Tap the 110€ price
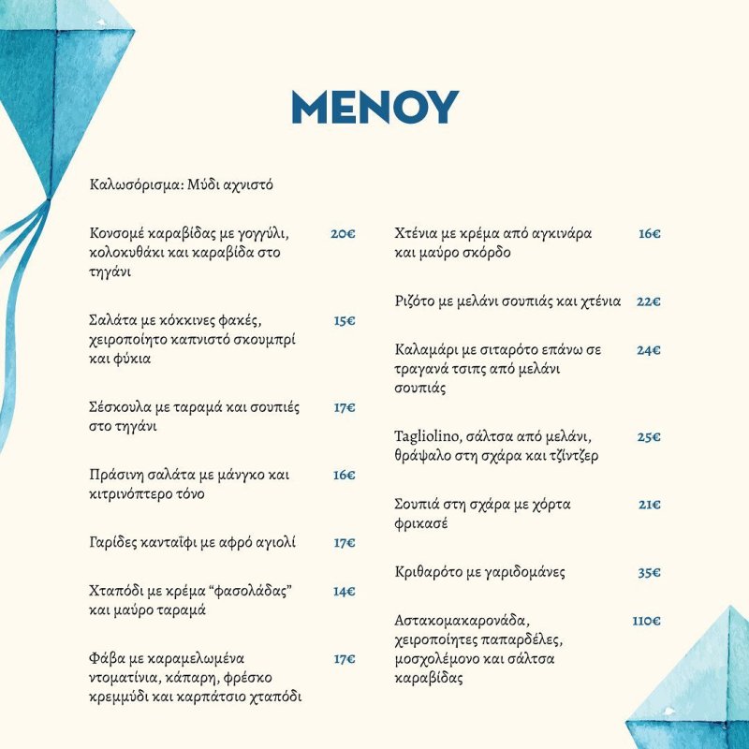pos(646,621)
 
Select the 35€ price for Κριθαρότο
pos(649,572)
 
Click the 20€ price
pos(343,233)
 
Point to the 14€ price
pos(344,591)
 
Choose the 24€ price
pos(649,349)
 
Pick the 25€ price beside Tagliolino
pos(649,437)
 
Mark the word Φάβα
pos(109,658)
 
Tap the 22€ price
pos(649,301)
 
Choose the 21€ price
pos(650,505)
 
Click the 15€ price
pos(344,320)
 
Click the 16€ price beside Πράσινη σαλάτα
pos(344,475)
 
